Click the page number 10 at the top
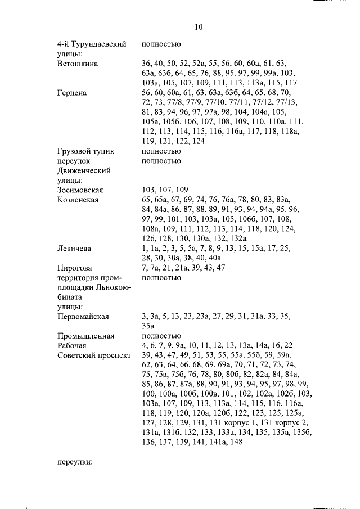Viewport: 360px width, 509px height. (x=198, y=26)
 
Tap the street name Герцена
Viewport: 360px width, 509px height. (x=71, y=93)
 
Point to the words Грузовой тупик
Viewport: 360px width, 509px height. (x=85, y=151)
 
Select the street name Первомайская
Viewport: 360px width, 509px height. (x=83, y=316)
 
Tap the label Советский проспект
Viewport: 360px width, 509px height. (x=94, y=355)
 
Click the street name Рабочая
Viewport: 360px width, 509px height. (x=72, y=345)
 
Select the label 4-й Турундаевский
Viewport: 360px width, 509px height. (x=91, y=44)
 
